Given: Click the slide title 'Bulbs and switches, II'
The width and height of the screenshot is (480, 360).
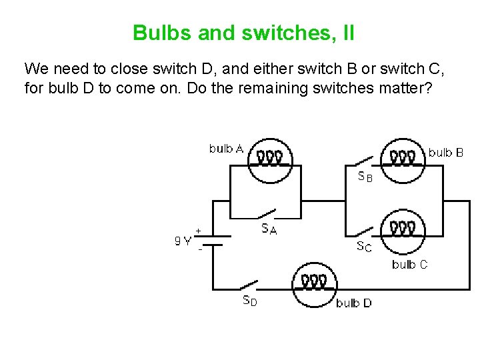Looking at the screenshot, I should pos(243,32).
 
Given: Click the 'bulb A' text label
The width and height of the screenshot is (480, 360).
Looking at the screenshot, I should pos(226,149).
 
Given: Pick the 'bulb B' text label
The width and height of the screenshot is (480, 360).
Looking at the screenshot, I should pos(446,153).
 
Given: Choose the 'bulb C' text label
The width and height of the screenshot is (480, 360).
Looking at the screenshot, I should pos(410,265).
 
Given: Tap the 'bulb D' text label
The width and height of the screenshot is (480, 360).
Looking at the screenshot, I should pos(354,303).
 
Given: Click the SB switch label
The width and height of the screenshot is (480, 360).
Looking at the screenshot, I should pos(365,177).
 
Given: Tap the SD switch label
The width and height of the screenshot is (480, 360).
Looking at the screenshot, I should pos(249,301).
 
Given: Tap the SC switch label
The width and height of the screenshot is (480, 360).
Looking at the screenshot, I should pos(364,247).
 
